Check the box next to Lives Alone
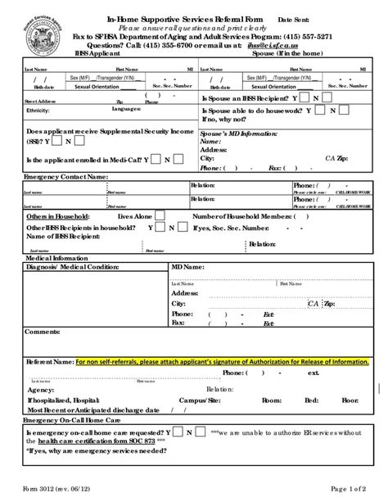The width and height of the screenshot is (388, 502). (x=160, y=215)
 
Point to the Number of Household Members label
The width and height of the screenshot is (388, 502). (x=241, y=215)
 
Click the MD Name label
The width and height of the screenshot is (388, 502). (x=188, y=266)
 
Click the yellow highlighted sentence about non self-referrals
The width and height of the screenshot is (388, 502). (x=221, y=360)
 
